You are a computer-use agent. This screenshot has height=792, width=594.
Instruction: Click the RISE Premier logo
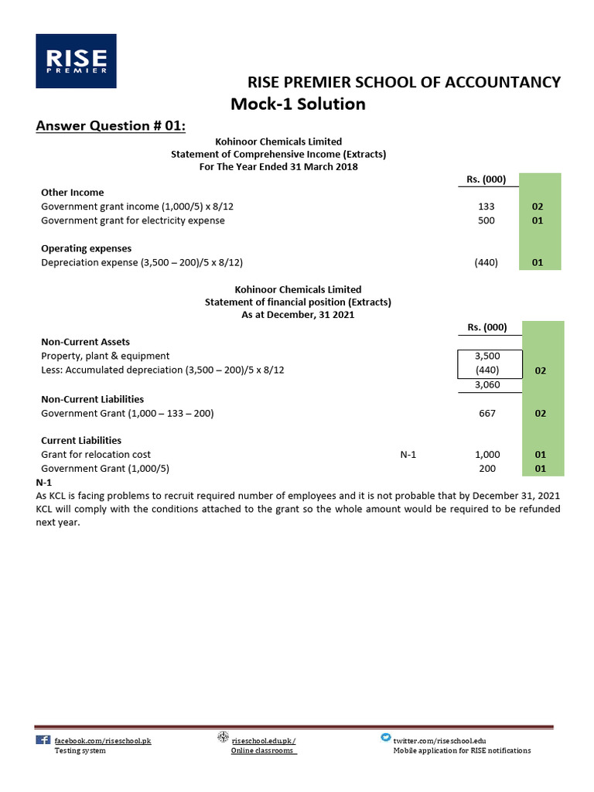click(x=76, y=60)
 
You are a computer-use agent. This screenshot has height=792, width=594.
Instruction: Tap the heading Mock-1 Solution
click(x=298, y=104)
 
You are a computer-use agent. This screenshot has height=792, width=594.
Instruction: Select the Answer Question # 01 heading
click(x=111, y=126)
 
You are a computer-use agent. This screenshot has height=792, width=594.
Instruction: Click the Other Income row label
click(x=72, y=193)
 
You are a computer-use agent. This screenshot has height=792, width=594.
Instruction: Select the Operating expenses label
click(x=86, y=248)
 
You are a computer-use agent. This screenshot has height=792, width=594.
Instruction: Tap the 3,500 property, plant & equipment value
click(x=487, y=356)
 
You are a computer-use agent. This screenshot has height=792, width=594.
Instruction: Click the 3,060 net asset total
click(x=487, y=384)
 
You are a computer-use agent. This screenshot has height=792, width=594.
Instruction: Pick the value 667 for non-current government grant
click(x=487, y=413)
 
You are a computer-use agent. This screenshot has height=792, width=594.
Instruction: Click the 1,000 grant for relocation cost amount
click(x=487, y=455)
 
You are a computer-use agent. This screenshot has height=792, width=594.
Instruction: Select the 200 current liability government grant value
click(x=487, y=469)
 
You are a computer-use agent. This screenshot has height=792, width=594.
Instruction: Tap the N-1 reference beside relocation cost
click(x=408, y=455)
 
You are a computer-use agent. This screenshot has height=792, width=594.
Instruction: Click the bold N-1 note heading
click(x=44, y=482)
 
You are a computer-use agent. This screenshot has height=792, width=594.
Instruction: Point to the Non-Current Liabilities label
click(x=92, y=399)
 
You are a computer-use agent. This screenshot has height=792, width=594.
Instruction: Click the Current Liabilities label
click(x=80, y=441)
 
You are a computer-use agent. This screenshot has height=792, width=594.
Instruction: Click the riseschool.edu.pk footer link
click(x=263, y=740)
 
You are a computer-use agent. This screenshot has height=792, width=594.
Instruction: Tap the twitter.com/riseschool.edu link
click(x=440, y=740)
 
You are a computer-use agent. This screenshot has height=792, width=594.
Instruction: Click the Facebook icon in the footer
click(x=43, y=740)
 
